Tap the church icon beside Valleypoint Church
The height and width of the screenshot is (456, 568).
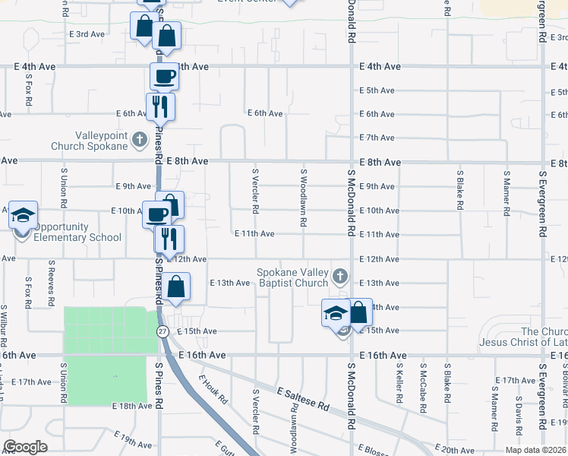[x=139, y=139]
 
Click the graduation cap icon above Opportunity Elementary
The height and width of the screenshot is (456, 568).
[x=24, y=215]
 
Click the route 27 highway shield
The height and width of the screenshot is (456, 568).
[x=163, y=331]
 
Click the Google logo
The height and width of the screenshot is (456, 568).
[x=25, y=447]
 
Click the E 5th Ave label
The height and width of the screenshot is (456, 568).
[x=377, y=90]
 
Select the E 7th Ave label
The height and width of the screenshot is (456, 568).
[x=377, y=138]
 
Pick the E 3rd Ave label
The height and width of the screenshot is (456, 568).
[x=87, y=34]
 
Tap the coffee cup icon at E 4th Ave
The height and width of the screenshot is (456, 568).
[x=164, y=76]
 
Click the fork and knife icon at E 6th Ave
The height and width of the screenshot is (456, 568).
[x=160, y=106]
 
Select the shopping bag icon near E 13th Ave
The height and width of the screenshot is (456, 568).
[x=176, y=287]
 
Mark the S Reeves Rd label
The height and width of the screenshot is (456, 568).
[x=51, y=285]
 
